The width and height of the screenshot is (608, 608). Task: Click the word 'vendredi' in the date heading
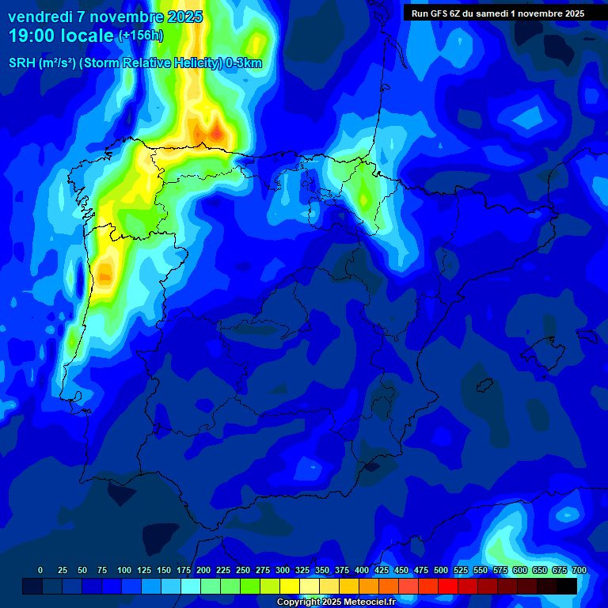pyautogui.click(x=40, y=17)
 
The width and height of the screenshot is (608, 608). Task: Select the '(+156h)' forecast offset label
pyautogui.click(x=141, y=36)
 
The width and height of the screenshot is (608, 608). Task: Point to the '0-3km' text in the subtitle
pyautogui.click(x=244, y=63)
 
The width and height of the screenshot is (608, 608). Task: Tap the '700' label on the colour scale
pyautogui.click(x=579, y=570)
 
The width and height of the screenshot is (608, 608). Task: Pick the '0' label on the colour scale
pyautogui.click(x=40, y=570)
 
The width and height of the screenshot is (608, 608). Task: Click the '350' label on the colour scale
pyautogui.click(x=322, y=570)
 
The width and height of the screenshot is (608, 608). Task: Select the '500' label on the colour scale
pyautogui.click(x=441, y=570)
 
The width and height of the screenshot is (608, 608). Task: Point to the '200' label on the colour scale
pyautogui.click(x=203, y=570)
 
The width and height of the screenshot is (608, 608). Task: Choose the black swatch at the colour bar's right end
pyautogui.click(x=566, y=586)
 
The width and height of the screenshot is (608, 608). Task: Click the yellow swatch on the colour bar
pyautogui.click(x=290, y=586)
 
